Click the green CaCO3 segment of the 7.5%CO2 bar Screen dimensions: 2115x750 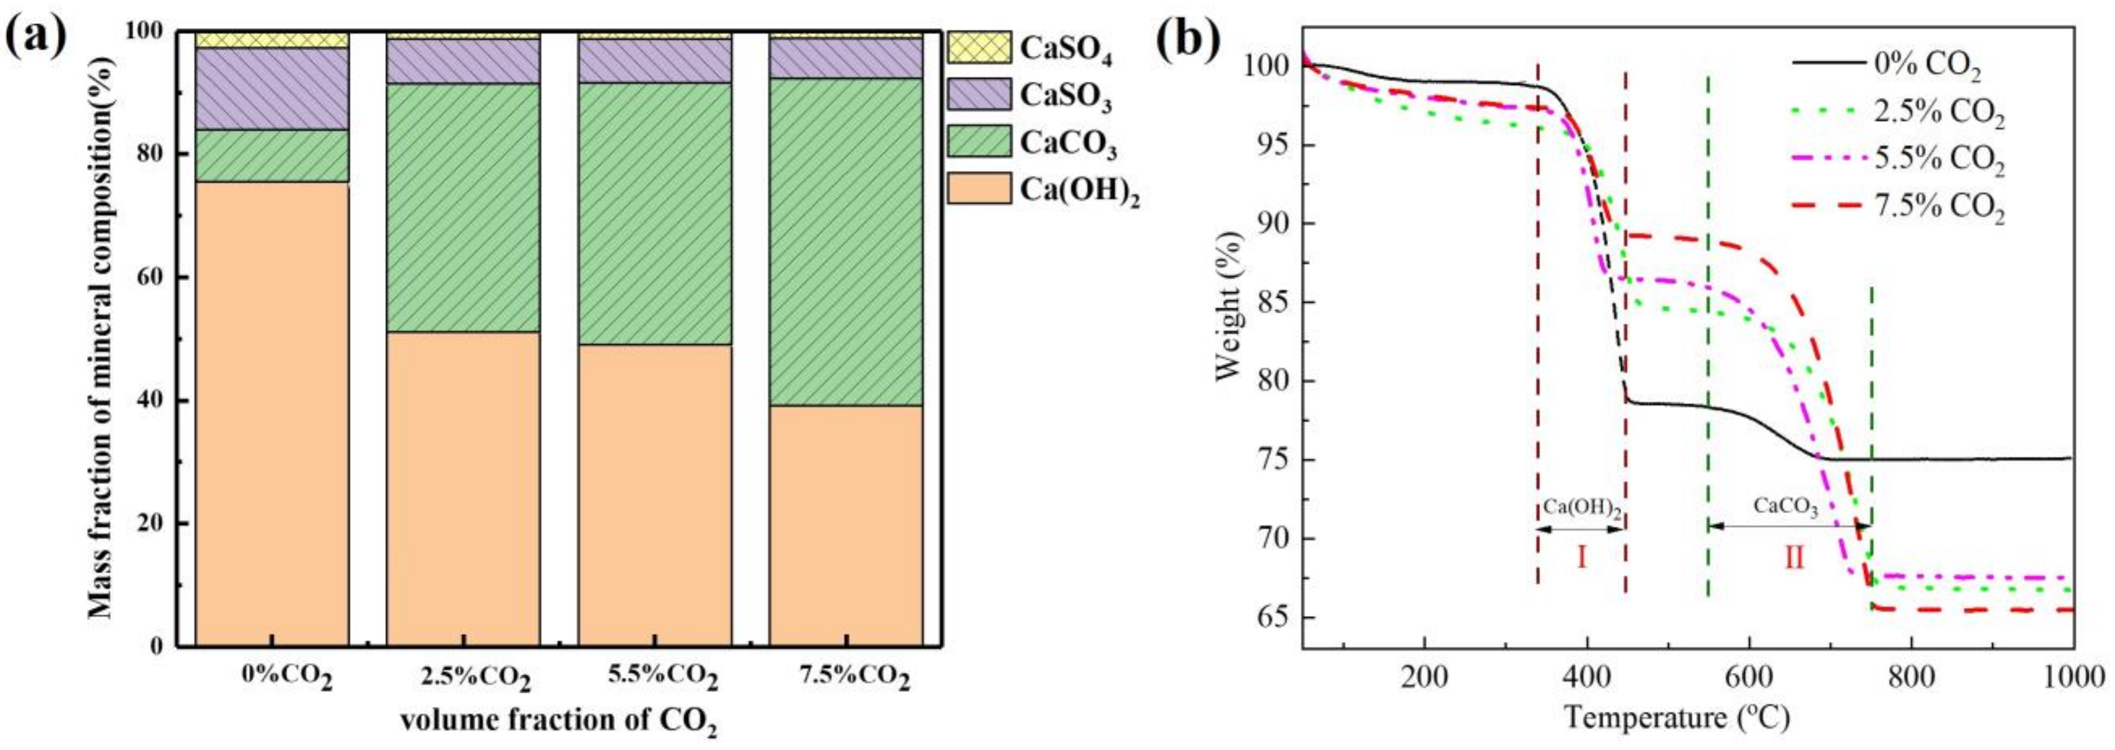point(846,242)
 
